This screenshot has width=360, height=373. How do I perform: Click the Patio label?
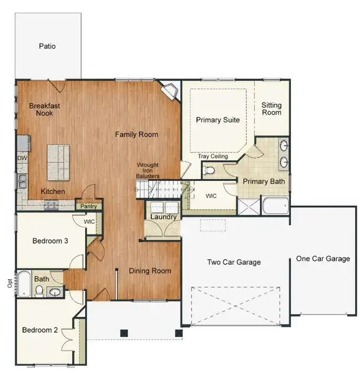[x=48, y=46]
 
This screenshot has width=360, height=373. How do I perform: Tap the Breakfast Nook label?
[x=45, y=110]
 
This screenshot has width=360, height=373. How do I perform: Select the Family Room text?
[x=136, y=134]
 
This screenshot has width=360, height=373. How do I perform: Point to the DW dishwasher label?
[x=22, y=158]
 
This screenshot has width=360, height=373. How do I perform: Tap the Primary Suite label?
[x=218, y=120]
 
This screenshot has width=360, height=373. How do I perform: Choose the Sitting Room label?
[x=272, y=109]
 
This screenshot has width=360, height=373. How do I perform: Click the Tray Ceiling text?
[x=213, y=156]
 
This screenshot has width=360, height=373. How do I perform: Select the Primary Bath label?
[x=263, y=182]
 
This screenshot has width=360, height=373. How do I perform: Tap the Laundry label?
[x=163, y=217]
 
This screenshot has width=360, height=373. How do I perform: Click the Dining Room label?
[x=150, y=271]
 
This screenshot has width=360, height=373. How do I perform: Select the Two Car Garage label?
[x=234, y=262]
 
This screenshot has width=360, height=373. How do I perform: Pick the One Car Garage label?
[x=323, y=259]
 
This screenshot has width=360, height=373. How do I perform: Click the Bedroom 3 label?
[x=49, y=241]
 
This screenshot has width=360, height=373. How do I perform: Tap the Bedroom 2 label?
[x=40, y=330]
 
